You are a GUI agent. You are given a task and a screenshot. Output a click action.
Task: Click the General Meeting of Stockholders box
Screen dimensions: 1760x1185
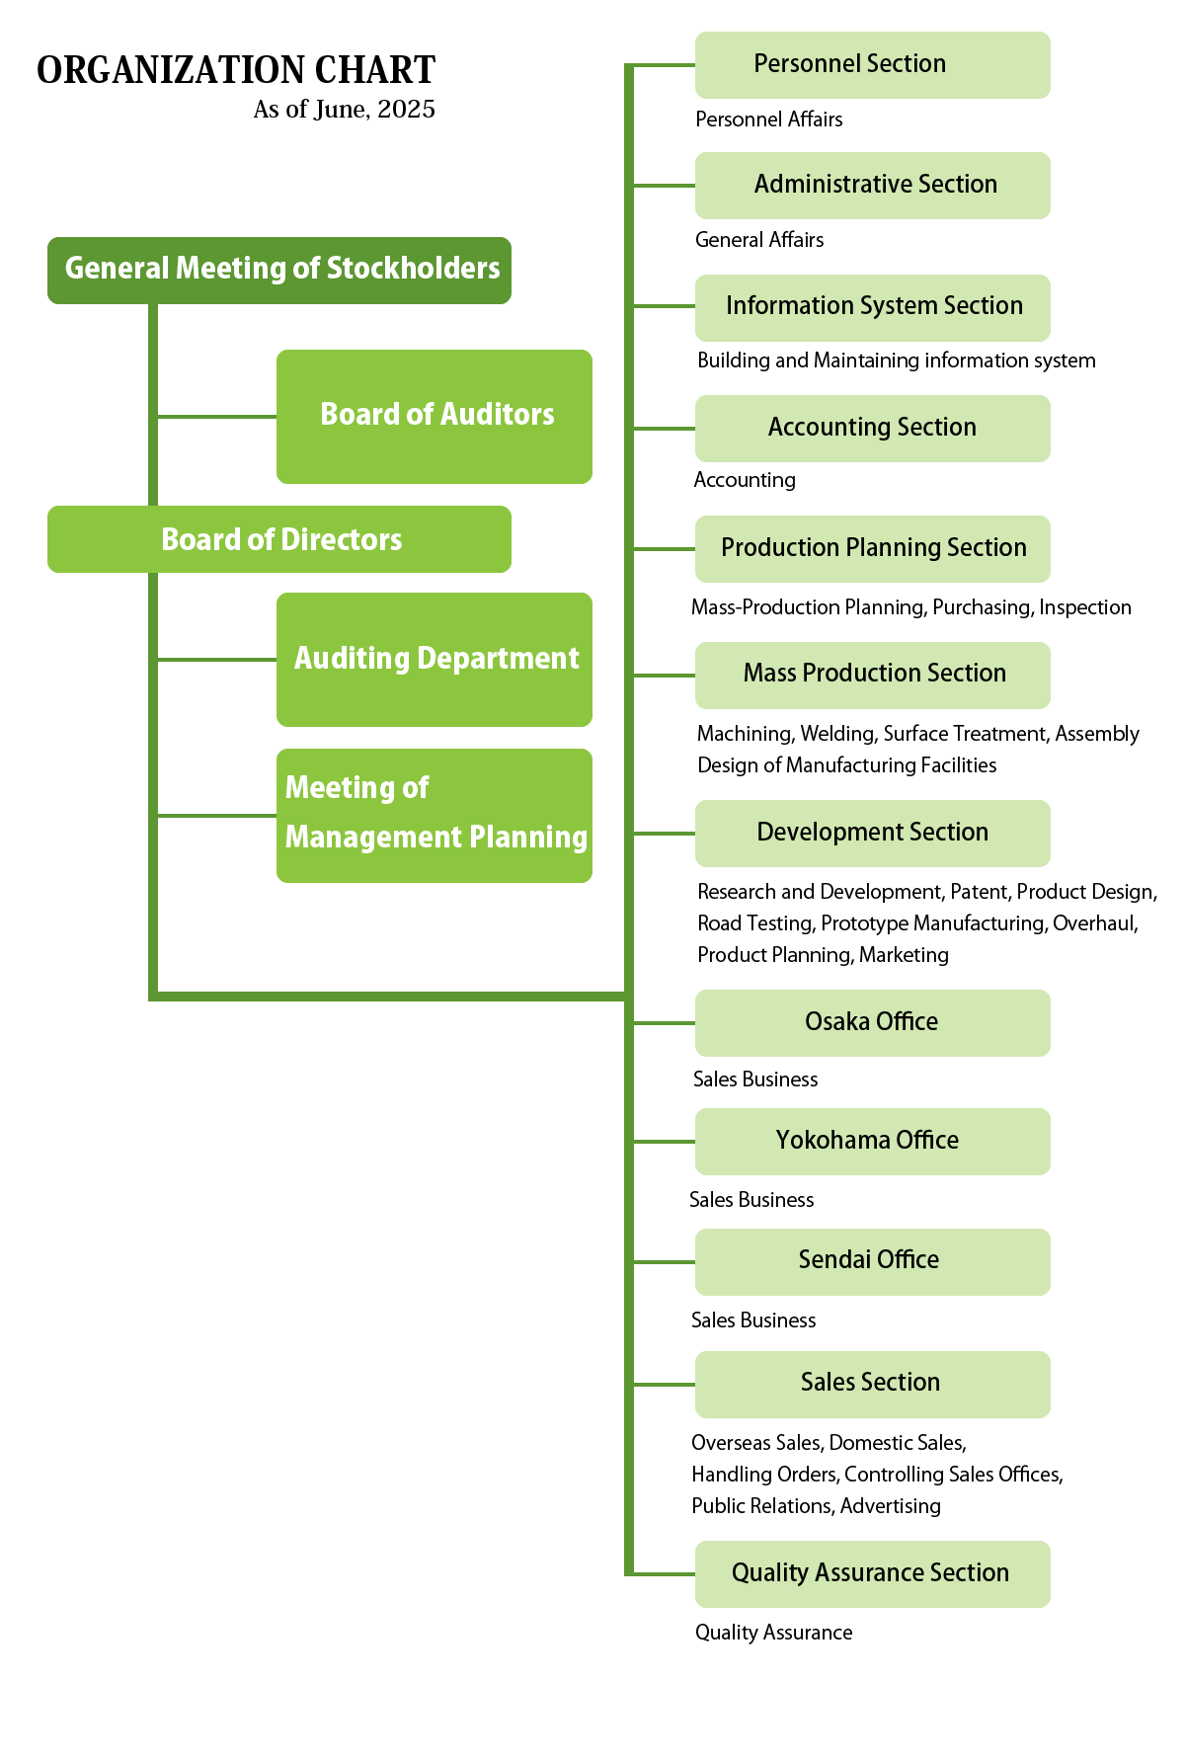coord(279,270)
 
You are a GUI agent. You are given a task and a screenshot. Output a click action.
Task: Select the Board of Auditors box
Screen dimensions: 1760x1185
coord(434,416)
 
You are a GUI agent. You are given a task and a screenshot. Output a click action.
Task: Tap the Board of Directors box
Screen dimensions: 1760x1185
coord(279,539)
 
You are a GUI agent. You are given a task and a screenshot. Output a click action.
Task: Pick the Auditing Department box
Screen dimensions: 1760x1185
coord(434,659)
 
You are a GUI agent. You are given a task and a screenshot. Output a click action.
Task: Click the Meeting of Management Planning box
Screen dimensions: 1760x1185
coord(434,815)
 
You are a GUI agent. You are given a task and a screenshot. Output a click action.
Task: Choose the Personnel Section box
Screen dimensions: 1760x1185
coord(872,65)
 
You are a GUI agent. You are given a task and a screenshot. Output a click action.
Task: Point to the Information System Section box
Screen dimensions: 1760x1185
coord(872,307)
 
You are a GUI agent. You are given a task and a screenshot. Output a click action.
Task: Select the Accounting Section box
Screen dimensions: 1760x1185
coord(872,428)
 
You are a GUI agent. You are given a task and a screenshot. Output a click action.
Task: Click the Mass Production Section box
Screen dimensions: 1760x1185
coord(872,675)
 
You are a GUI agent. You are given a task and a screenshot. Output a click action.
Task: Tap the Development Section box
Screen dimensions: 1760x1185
coord(872,833)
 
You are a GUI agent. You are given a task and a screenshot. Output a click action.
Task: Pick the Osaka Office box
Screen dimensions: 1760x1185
coord(872,1022)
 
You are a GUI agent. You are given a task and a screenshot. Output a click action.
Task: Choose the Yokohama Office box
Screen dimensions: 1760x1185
coord(872,1141)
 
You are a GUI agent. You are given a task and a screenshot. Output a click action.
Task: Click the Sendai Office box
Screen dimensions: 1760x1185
coord(872,1261)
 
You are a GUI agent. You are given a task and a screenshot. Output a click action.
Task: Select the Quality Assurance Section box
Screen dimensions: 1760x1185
coord(872,1573)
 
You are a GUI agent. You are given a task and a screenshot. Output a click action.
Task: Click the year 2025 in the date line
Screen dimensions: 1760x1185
coord(406,110)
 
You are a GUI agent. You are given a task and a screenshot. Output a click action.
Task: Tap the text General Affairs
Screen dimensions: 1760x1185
coord(758,240)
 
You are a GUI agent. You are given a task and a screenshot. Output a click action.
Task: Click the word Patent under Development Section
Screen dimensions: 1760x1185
coord(979,892)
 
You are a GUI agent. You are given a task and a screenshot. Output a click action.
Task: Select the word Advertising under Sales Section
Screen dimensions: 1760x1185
coord(890,1506)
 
